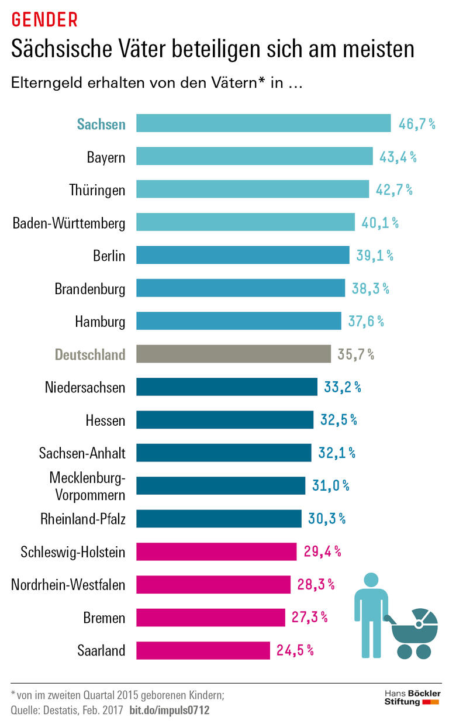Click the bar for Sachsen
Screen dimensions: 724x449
click(x=263, y=123)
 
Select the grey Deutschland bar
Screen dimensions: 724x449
click(x=233, y=354)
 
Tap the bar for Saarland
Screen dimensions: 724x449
click(x=203, y=650)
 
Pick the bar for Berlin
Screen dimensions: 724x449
click(x=243, y=255)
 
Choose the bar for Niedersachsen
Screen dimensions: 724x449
click(x=227, y=387)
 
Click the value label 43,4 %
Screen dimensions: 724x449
click(x=398, y=157)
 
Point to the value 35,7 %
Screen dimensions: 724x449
click(x=355, y=354)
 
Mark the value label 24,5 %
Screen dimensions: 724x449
click(x=295, y=650)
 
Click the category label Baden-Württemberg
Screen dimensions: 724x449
click(x=69, y=223)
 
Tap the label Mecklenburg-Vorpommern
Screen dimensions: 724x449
click(x=87, y=486)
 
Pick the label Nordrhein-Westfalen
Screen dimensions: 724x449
click(x=68, y=584)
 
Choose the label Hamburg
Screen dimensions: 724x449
click(x=100, y=322)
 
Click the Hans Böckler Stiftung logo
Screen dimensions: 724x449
click(x=412, y=697)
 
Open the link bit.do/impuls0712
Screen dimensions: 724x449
click(x=169, y=711)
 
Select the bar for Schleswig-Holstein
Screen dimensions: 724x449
click(x=216, y=551)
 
